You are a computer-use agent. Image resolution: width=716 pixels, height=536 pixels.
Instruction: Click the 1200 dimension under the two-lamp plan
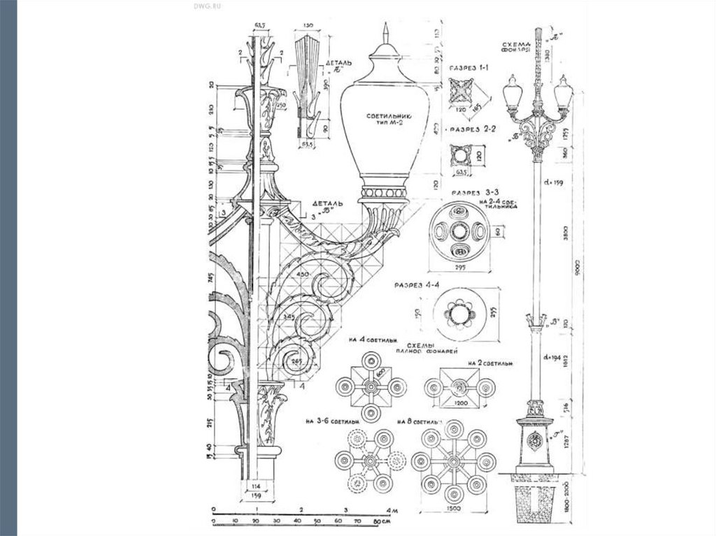pyautogui.click(x=459, y=403)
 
